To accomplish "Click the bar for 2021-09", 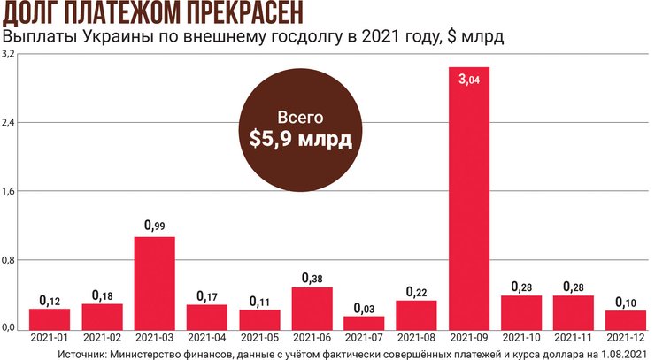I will [469, 198].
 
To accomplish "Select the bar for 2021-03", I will [154, 283].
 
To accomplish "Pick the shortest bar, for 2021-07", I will [364, 322].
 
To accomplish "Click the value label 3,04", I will [469, 80].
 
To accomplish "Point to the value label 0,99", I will [154, 226].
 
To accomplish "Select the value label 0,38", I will [312, 278].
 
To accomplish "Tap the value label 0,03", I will [364, 307].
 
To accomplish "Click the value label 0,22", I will [416, 291].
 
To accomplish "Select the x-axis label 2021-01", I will [50, 339].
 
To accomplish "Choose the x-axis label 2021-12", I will [627, 339].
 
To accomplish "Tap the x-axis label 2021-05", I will [259, 339].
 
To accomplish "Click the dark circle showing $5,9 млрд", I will [295, 128].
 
